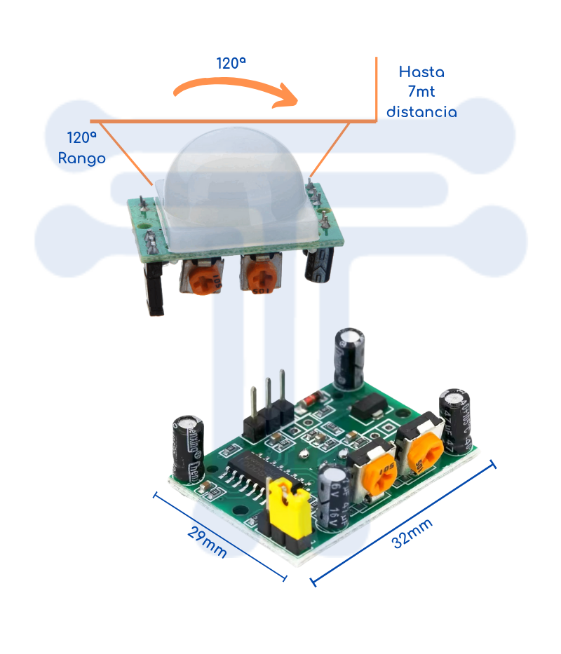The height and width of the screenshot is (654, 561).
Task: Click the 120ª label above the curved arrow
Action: (x=231, y=64)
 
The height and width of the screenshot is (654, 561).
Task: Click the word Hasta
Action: (x=421, y=72)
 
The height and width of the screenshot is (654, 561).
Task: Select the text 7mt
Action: (x=421, y=92)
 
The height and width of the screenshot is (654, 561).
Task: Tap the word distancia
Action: (x=421, y=112)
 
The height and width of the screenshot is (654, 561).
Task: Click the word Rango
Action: (x=82, y=158)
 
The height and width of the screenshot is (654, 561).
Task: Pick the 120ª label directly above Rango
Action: (x=82, y=137)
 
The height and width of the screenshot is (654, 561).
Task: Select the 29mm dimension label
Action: (x=207, y=542)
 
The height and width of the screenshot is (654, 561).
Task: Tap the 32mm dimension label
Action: (x=412, y=533)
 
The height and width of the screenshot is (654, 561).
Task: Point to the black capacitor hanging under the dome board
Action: (x=319, y=265)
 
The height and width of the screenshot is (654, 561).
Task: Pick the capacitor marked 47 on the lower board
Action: (x=458, y=421)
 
